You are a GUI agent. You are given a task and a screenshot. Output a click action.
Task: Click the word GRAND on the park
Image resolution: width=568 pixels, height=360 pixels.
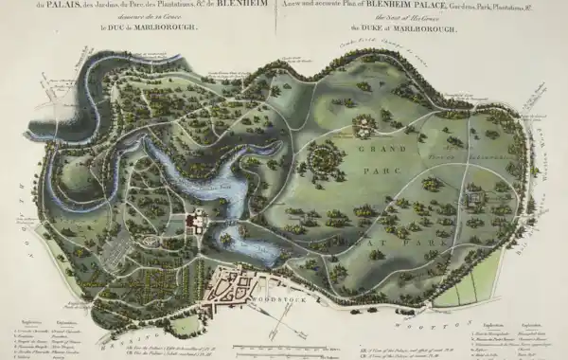click(x=369, y=149)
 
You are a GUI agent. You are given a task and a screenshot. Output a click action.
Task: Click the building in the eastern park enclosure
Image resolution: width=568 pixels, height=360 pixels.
click(x=473, y=199)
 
